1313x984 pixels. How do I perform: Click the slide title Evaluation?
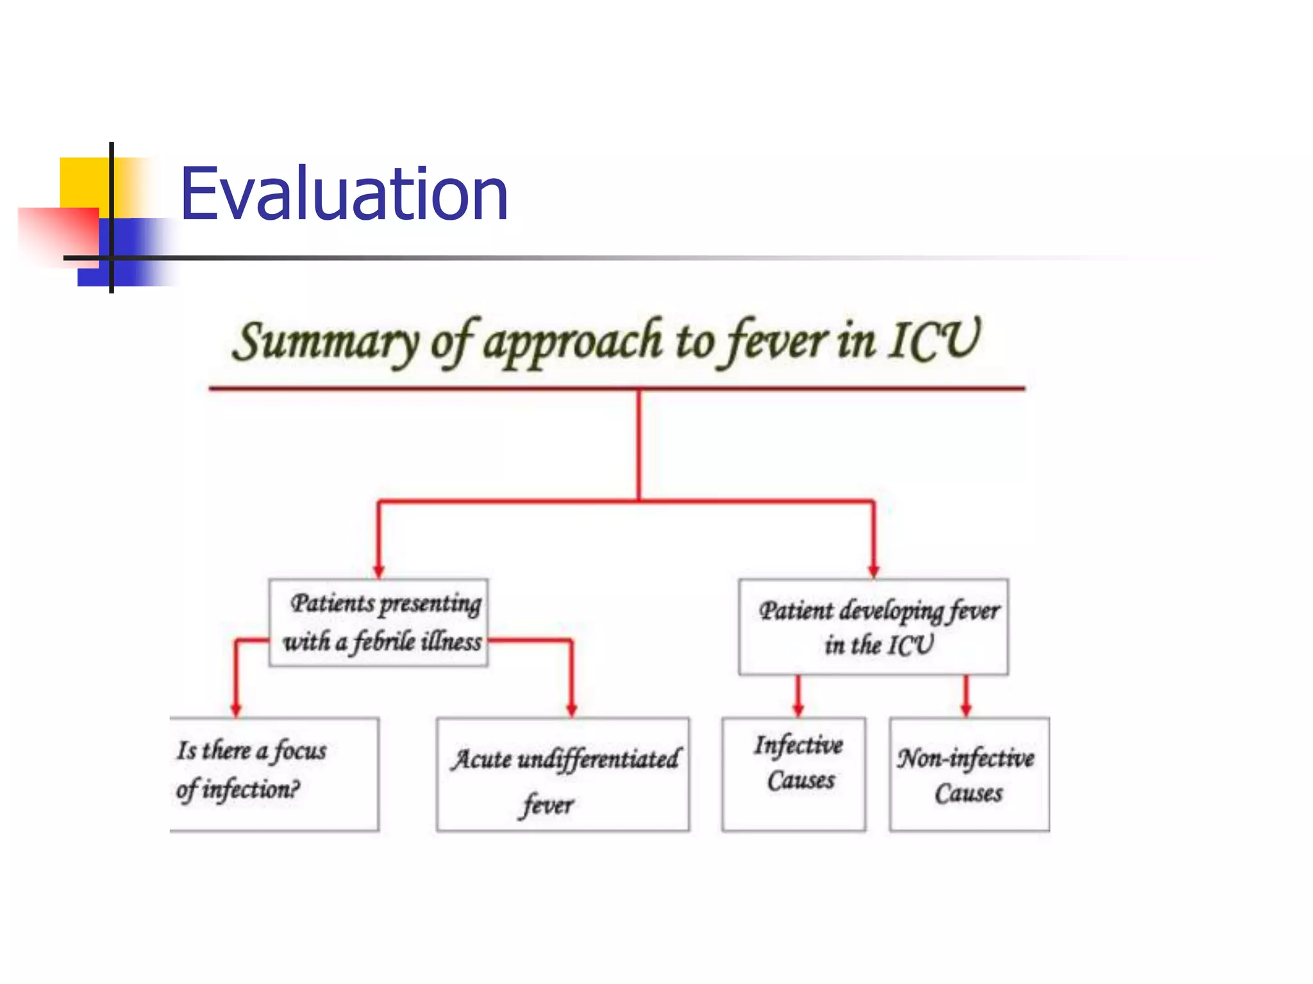click(344, 193)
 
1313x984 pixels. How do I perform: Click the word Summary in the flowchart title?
click(324, 342)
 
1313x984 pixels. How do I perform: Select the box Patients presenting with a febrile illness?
click(378, 623)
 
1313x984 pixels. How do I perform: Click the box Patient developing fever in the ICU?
click(873, 627)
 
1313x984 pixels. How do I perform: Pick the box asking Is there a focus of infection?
click(274, 773)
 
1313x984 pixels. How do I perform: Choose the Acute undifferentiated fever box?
click(563, 774)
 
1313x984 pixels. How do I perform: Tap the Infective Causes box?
click(794, 773)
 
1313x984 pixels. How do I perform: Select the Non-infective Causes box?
click(969, 774)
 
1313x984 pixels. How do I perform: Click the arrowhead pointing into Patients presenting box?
click(379, 571)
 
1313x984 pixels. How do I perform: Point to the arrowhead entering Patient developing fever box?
click(873, 571)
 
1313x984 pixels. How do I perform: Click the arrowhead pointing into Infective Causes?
click(798, 710)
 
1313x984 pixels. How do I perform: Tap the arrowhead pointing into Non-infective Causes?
click(966, 710)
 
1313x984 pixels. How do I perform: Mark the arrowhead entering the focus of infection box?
click(236, 710)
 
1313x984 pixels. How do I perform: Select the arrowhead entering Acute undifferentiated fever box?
click(572, 710)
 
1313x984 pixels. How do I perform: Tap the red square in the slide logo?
click(58, 234)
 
